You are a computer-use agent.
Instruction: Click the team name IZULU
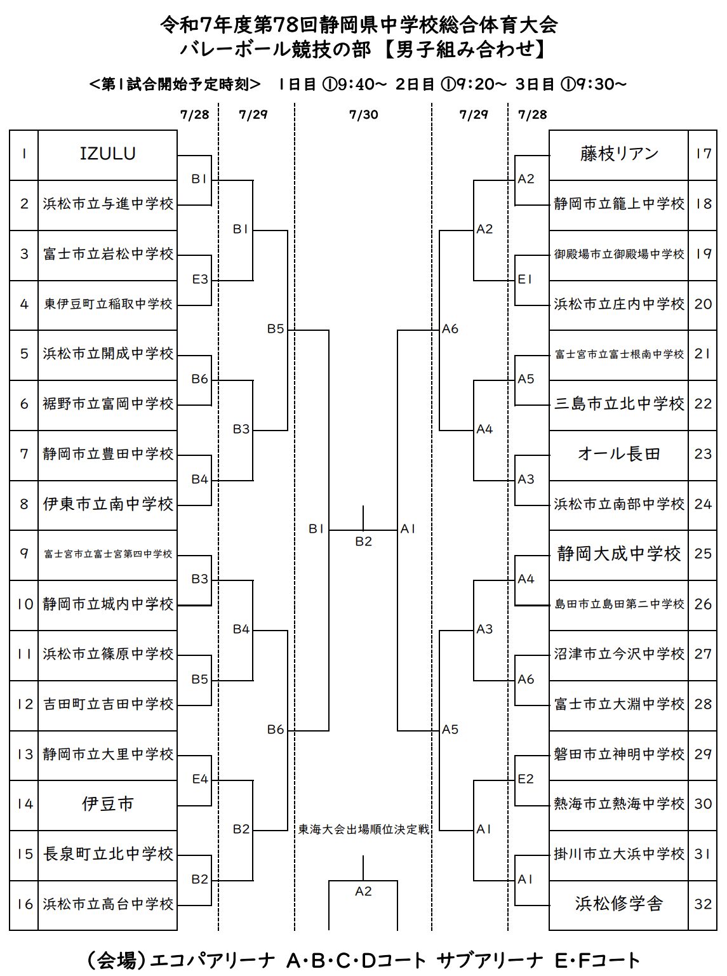pyautogui.click(x=107, y=154)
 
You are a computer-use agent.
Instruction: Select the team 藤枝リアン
pyautogui.click(x=618, y=154)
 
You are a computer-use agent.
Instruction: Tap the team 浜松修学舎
pyautogui.click(x=618, y=904)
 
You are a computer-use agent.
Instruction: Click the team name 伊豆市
pyautogui.click(x=107, y=804)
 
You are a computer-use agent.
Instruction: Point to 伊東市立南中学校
pyautogui.click(x=107, y=504)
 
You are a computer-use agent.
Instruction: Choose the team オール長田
pyautogui.click(x=618, y=454)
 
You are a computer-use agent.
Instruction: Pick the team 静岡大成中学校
pyautogui.click(x=618, y=554)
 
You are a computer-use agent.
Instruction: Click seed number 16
pyautogui.click(x=24, y=904)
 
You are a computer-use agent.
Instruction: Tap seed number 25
pyautogui.click(x=703, y=554)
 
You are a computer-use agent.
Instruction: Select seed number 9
pyautogui.click(x=24, y=554)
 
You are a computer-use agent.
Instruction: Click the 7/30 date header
pyautogui.click(x=363, y=114)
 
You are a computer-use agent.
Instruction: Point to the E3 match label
pyautogui.click(x=200, y=279)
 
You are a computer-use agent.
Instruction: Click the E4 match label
pyautogui.click(x=200, y=779)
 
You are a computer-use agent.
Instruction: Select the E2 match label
pyautogui.click(x=526, y=779)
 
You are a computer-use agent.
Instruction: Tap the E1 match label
pyautogui.click(x=525, y=279)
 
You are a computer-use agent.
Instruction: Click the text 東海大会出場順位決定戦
pyautogui.click(x=363, y=829)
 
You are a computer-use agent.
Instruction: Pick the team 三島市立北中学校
pyautogui.click(x=618, y=404)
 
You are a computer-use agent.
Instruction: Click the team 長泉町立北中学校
pyautogui.click(x=107, y=854)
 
